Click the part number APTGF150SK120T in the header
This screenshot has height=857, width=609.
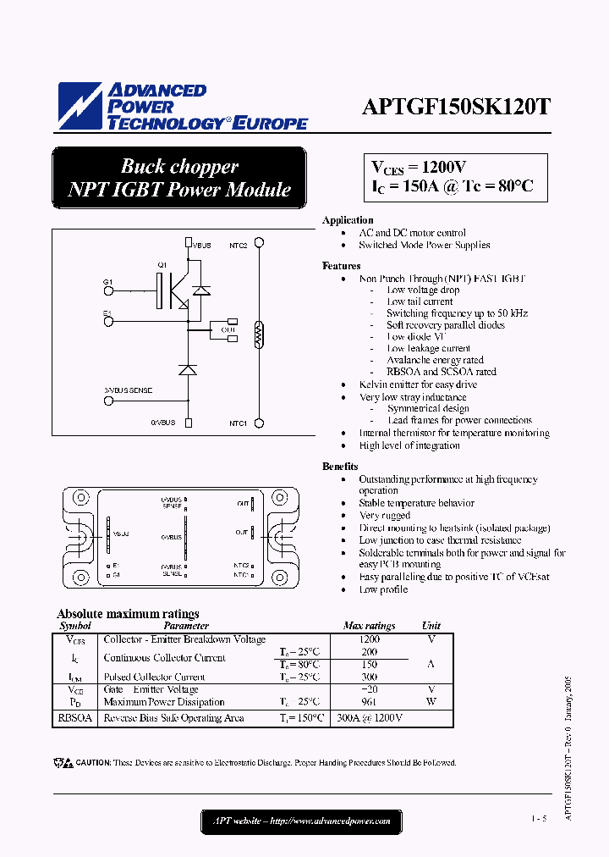[456, 108]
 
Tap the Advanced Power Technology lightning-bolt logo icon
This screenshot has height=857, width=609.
[78, 106]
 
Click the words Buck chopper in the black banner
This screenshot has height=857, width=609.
[179, 166]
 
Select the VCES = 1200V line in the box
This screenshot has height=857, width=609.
[420, 167]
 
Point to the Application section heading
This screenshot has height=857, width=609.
[348, 220]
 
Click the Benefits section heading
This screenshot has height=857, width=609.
[340, 467]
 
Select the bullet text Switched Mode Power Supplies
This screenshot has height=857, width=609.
[424, 246]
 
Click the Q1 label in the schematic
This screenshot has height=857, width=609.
[162, 265]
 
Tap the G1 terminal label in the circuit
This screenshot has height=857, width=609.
[107, 281]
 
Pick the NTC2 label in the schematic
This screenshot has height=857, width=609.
[238, 246]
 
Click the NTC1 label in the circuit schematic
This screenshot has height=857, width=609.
[238, 423]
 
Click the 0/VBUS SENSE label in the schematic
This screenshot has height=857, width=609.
[129, 390]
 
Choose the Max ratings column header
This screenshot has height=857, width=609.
[370, 626]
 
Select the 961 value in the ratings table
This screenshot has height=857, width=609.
[370, 702]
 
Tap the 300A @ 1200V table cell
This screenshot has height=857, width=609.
[370, 718]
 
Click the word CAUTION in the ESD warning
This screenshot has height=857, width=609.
[93, 763]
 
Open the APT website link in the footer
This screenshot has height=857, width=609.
[300, 821]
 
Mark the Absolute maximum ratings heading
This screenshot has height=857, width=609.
[128, 614]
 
